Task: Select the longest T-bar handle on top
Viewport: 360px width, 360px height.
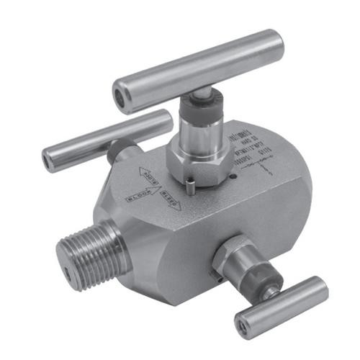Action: [198, 70]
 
